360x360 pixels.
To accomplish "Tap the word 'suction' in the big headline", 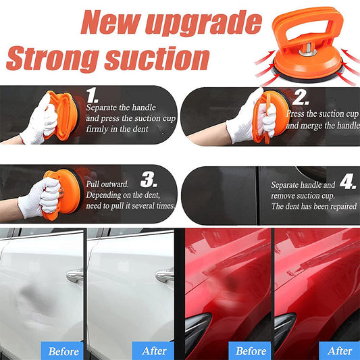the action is [157, 58].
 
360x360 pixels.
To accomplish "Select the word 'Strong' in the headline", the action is [53, 59].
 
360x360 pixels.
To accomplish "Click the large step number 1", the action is [93, 95].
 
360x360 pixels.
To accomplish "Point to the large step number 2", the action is [301, 97].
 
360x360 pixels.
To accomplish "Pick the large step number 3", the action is [149, 179].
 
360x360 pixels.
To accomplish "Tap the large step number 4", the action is [348, 182].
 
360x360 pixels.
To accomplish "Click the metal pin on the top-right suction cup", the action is [308, 50].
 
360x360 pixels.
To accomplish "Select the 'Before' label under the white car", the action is [62, 351].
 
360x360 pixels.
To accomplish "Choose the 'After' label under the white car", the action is [153, 351].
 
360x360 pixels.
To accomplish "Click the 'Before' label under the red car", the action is [251, 351].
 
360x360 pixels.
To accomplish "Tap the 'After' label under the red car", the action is [340, 351].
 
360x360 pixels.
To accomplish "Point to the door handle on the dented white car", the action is [74, 276].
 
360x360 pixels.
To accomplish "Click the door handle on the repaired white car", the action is [164, 276].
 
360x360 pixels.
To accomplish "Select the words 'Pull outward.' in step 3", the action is [107, 184].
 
